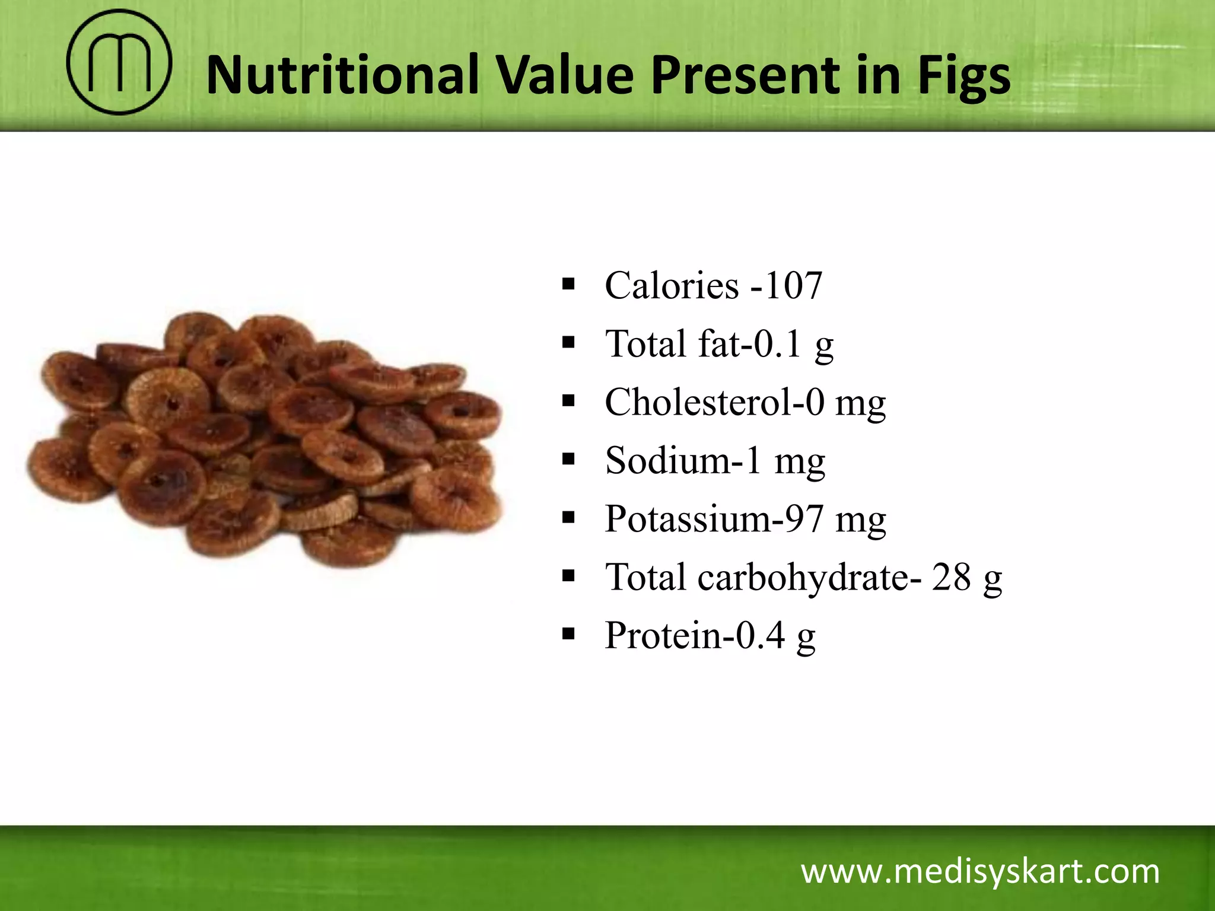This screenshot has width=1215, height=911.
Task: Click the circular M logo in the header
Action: pos(119,62)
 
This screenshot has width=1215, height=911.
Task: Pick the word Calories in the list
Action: pos(672,285)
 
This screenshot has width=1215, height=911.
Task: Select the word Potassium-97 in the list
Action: pos(714,518)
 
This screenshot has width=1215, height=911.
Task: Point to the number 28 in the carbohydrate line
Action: pos(951,576)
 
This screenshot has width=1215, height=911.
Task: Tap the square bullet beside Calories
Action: pos(568,284)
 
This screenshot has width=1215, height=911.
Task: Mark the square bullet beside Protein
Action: pos(568,634)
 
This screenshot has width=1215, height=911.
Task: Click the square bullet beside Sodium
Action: pos(568,459)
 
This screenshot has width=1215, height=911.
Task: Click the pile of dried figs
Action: pos(267,439)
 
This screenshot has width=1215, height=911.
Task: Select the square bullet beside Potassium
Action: pos(568,517)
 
